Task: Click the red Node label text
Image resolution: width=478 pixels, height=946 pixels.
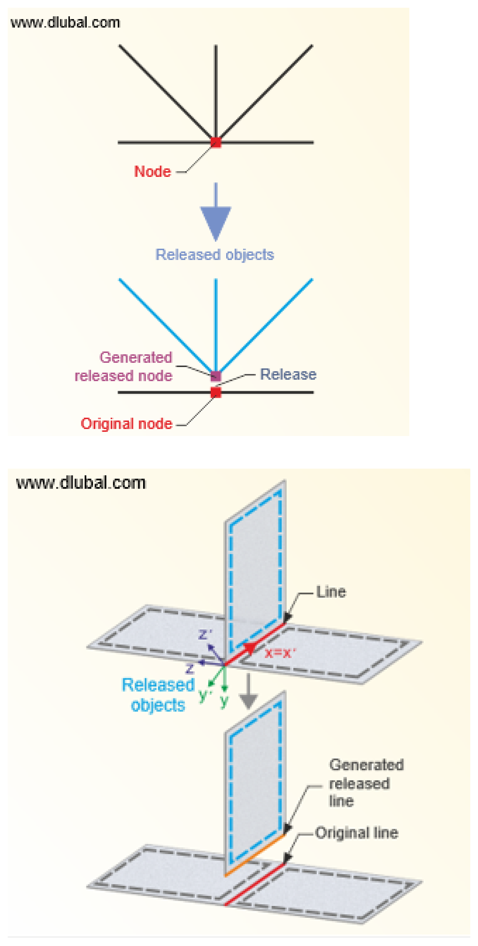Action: click(152, 171)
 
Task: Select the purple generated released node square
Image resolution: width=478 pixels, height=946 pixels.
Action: click(216, 376)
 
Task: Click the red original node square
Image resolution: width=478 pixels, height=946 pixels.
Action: click(216, 392)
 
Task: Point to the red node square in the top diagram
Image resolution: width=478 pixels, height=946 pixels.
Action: click(216, 142)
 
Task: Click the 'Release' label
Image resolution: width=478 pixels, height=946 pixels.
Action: click(288, 374)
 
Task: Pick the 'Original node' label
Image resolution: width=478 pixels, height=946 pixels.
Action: click(126, 423)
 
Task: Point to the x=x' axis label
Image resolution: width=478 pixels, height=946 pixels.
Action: click(280, 653)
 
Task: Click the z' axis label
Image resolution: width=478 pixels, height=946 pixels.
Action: click(205, 634)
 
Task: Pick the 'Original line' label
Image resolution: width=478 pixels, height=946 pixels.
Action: click(356, 833)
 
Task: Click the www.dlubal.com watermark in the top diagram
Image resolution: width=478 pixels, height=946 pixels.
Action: click(65, 23)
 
